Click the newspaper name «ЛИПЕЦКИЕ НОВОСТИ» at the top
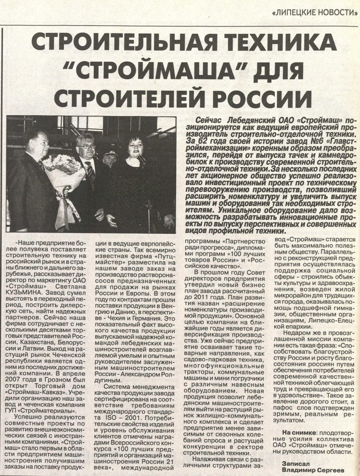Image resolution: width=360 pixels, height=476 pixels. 315,12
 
